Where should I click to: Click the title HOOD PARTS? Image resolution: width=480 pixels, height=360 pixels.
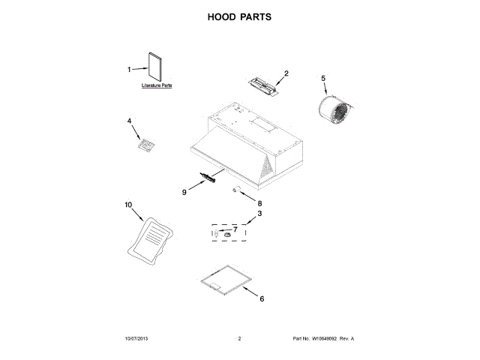click(239, 16)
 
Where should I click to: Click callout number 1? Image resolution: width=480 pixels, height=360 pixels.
click(129, 70)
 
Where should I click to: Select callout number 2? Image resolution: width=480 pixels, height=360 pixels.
click(286, 73)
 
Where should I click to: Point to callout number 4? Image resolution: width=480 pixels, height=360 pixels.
click(129, 120)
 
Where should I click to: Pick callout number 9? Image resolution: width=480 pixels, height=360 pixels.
click(184, 192)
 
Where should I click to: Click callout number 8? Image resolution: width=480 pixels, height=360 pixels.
click(260, 202)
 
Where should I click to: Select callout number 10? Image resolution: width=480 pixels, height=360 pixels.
click(127, 204)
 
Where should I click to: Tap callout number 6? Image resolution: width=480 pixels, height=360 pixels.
click(261, 298)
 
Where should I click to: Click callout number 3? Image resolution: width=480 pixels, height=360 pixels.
click(259, 214)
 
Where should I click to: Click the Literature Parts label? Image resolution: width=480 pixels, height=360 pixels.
click(157, 86)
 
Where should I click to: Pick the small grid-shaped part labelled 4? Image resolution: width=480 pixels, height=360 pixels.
click(146, 142)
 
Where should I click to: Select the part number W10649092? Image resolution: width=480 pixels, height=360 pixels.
click(325, 339)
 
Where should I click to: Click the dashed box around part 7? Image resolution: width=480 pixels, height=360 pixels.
click(228, 234)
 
